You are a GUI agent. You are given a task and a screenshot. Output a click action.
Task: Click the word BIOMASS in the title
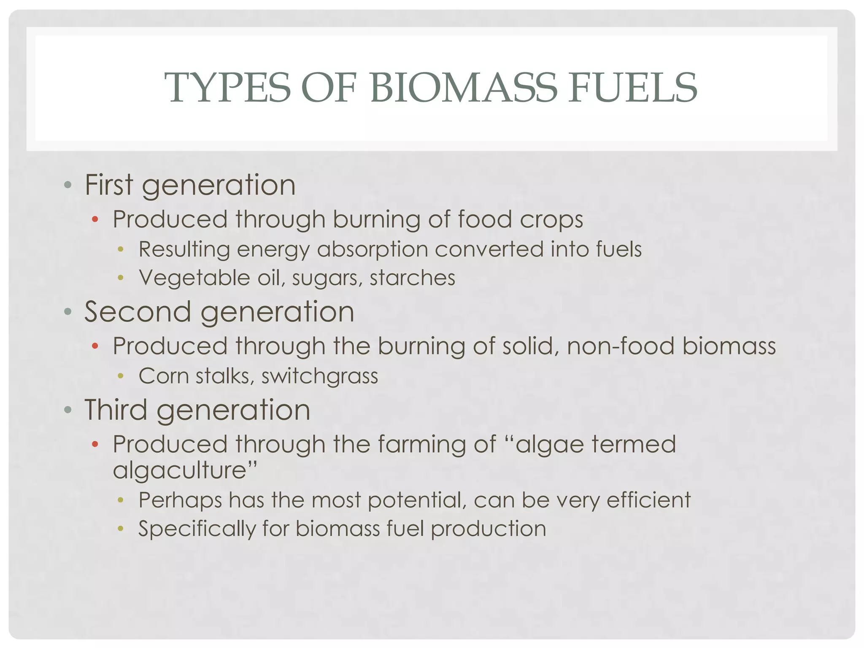464,88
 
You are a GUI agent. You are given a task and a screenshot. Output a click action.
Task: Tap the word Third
116,410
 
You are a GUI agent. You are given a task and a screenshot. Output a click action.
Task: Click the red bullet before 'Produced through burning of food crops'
95,219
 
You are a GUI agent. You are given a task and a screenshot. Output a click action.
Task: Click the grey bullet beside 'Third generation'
67,410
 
